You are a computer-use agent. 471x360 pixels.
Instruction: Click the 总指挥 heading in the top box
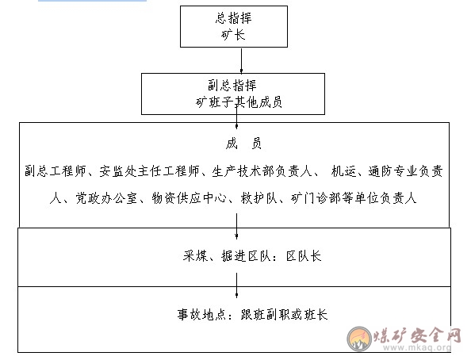click(233, 18)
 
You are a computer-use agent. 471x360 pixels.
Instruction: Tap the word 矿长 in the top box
click(233, 35)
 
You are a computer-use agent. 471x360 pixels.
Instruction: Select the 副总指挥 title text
click(232, 86)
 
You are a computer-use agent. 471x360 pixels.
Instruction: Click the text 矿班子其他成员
click(239, 102)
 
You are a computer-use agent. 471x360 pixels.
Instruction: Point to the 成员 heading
click(243, 144)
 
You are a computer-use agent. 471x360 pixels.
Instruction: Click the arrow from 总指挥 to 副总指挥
click(241, 60)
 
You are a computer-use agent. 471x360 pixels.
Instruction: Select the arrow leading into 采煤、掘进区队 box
click(237, 226)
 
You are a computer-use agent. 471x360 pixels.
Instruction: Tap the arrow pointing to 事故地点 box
click(237, 285)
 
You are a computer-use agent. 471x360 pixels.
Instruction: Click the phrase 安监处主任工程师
click(149, 171)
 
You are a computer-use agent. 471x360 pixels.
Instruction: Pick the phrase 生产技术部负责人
click(262, 171)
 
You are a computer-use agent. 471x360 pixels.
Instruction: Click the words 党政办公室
click(106, 198)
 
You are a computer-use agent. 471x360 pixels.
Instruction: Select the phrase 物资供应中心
click(190, 198)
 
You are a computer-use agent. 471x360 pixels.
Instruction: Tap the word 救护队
click(258, 198)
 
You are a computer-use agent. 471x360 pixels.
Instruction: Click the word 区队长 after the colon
click(304, 256)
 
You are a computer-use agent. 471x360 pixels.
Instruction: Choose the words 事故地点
click(201, 315)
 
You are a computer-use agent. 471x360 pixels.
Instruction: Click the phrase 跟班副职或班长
click(284, 315)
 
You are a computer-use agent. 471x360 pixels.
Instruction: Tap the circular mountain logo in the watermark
click(359, 339)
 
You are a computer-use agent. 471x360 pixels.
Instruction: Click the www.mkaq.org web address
click(417, 347)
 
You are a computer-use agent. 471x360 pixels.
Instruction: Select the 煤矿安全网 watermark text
click(417, 335)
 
